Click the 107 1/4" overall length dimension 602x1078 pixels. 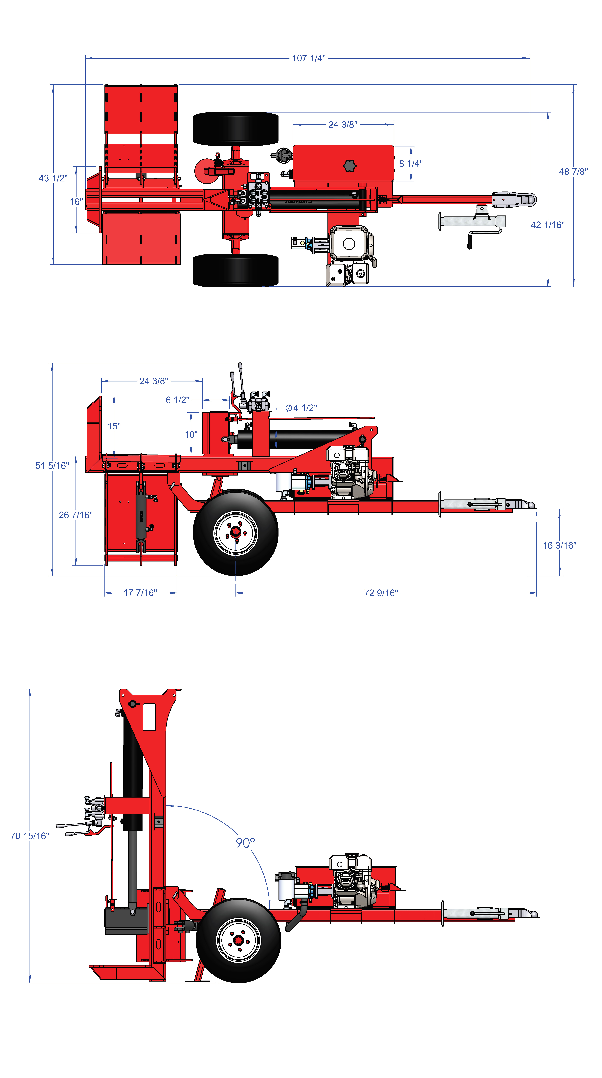[309, 58]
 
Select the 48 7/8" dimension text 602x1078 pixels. [573, 172]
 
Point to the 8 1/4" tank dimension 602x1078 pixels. [411, 164]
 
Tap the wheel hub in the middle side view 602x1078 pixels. [236, 533]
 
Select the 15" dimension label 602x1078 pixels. [114, 426]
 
